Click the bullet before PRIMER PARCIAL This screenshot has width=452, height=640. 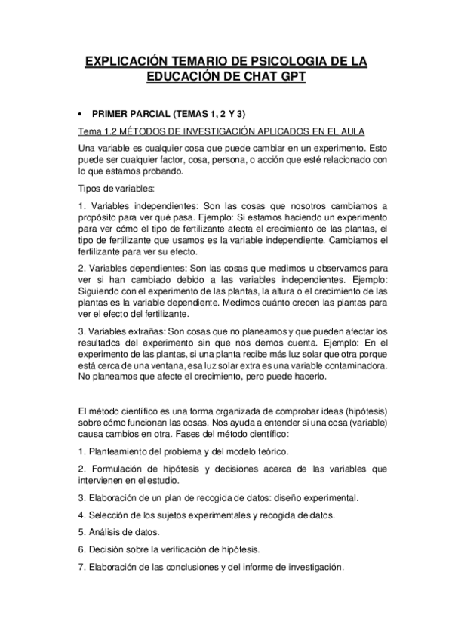click(x=80, y=114)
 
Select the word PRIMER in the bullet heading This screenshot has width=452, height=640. click(x=111, y=114)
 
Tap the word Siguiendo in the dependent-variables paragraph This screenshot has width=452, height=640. click(x=103, y=290)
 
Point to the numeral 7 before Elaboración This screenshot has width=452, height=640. click(x=81, y=567)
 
